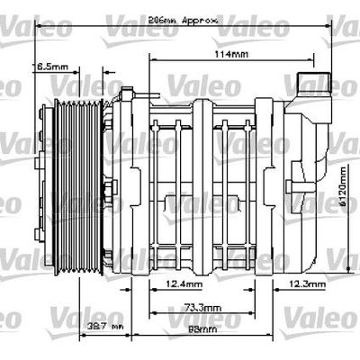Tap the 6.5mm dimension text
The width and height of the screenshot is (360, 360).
point(50,67)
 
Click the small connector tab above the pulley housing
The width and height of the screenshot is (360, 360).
point(128,92)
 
